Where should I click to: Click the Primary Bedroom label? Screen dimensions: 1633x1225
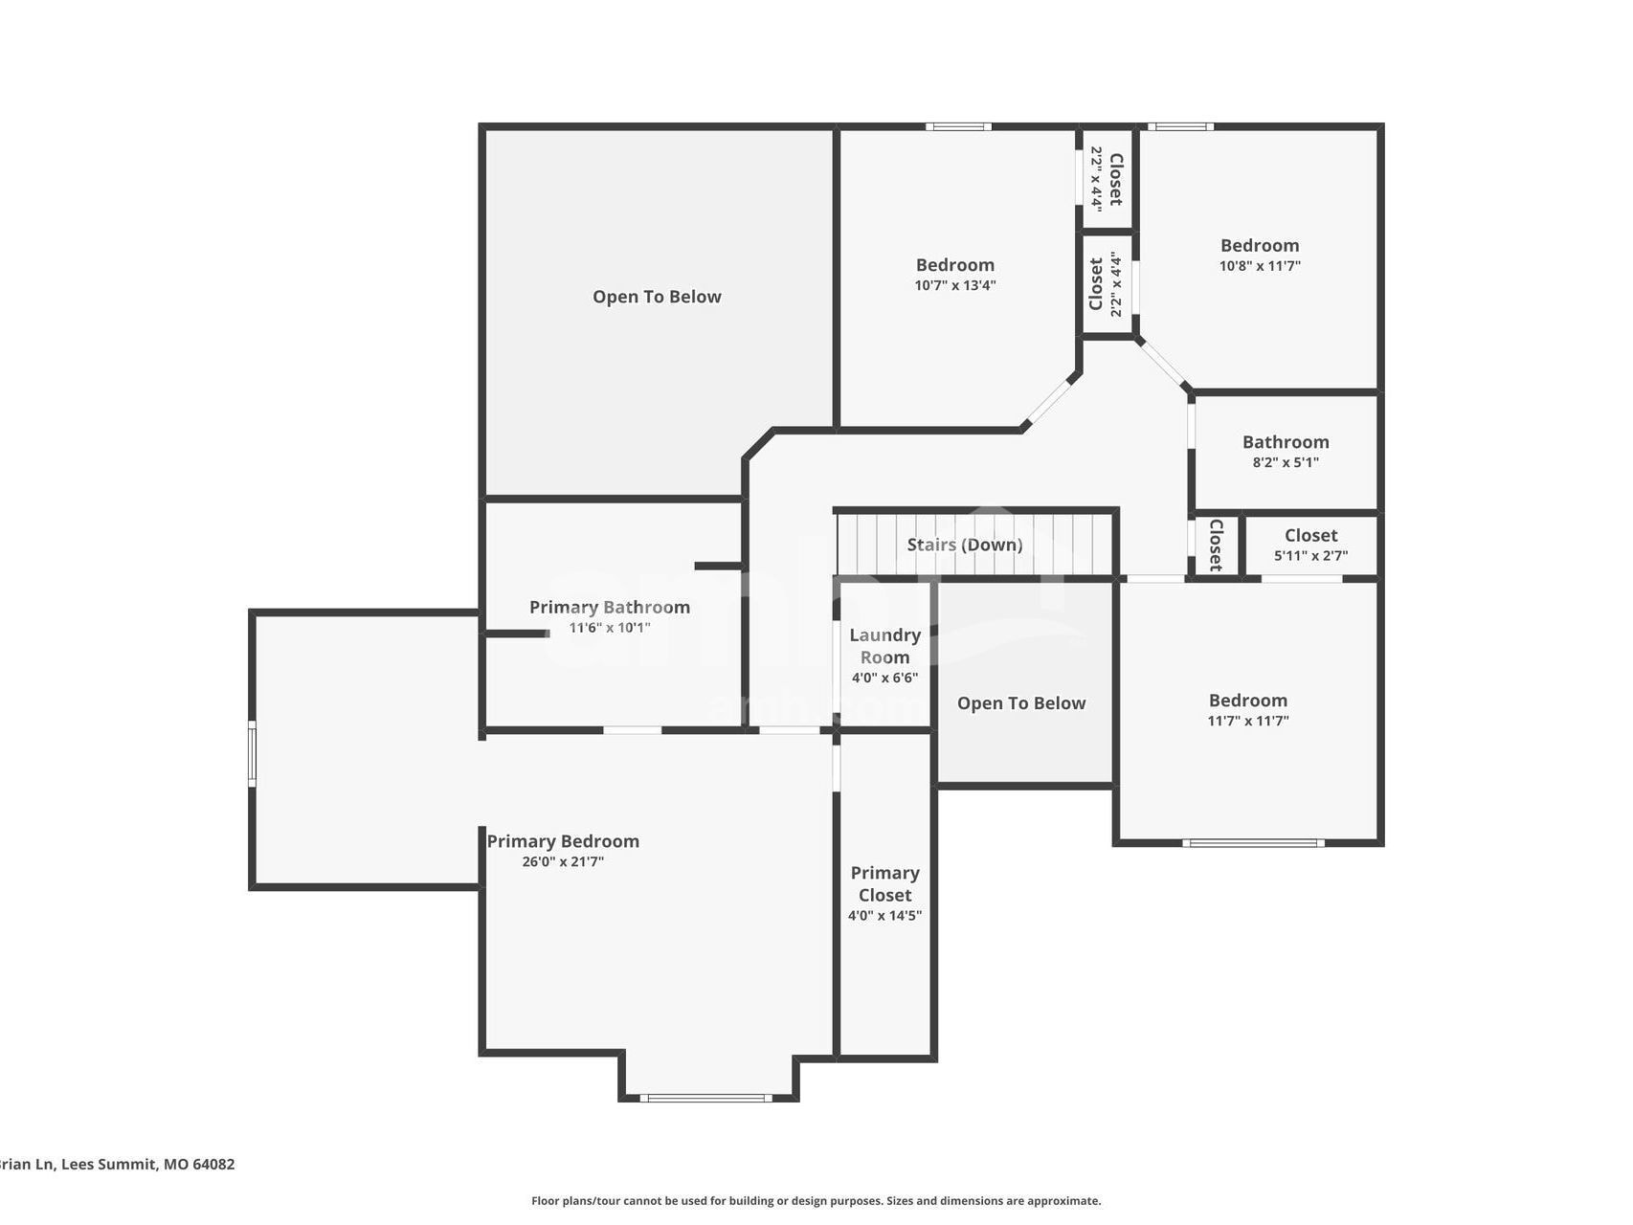563,841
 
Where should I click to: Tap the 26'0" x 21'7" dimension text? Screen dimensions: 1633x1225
563,861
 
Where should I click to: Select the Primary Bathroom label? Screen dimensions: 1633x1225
610,608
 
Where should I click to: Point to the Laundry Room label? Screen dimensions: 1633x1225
885,646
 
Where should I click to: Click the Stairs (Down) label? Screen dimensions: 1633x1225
965,545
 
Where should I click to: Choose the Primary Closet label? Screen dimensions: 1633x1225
885,883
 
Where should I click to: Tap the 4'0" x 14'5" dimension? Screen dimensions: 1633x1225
885,916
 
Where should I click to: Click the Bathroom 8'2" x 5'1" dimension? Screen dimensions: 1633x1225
1286,462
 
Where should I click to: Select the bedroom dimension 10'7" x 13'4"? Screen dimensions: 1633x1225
955,285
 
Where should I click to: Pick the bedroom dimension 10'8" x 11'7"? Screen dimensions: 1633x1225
1260,266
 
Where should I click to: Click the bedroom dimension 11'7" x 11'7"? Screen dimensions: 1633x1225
1248,721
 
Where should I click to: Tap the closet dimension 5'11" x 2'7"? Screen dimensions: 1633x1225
1311,555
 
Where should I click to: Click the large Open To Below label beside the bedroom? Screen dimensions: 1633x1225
657,297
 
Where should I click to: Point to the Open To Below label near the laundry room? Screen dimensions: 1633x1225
1021,703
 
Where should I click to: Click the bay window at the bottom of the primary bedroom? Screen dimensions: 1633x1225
706,1098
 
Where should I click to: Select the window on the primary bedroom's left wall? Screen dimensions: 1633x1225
253,754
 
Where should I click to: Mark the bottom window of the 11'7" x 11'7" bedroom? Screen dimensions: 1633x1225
1254,843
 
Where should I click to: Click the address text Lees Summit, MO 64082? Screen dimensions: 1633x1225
148,1165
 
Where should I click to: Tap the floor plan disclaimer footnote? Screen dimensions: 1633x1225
816,1201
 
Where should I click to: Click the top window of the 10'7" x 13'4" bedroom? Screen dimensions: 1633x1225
958,126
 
